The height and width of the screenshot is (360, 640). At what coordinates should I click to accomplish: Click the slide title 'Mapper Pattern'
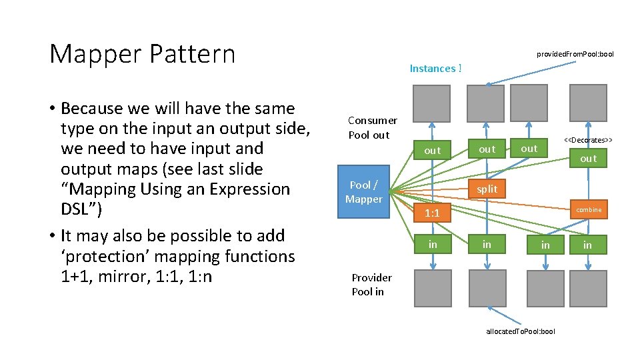(x=142, y=54)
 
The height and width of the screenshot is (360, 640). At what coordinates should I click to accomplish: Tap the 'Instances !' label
(x=435, y=68)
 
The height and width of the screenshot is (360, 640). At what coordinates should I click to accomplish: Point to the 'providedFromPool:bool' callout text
(x=575, y=54)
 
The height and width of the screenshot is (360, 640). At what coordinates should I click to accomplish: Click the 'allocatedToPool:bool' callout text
(x=520, y=331)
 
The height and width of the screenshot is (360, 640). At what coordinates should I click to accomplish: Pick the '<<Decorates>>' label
(x=588, y=140)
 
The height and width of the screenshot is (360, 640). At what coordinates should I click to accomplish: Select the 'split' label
(x=487, y=189)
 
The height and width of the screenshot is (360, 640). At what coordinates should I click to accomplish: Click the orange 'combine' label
(x=589, y=210)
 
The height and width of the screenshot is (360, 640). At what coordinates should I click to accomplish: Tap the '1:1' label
(x=432, y=213)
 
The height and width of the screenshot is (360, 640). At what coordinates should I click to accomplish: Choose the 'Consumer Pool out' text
(x=372, y=127)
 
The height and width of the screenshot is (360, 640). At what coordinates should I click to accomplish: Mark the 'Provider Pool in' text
(x=371, y=285)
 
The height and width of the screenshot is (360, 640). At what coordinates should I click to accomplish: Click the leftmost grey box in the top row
(x=431, y=103)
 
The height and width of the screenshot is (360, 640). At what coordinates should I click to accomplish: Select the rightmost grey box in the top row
(x=588, y=103)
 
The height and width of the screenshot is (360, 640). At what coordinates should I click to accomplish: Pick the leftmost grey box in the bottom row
(x=433, y=288)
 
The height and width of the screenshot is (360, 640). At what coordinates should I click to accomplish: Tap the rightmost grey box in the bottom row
(x=588, y=288)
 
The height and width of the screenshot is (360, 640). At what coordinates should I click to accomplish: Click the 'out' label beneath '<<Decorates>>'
(x=588, y=159)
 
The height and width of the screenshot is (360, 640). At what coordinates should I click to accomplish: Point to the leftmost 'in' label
(x=433, y=245)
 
